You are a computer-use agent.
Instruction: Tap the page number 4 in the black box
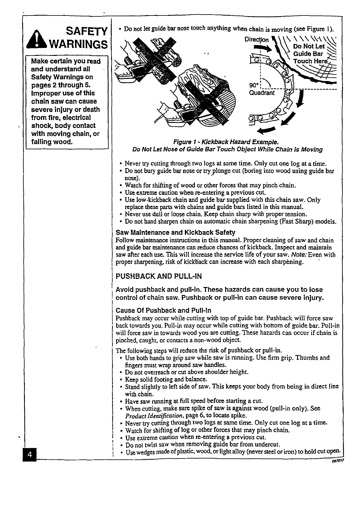pos(30,454)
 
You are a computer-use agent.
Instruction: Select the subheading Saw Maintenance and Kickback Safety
pos(175,232)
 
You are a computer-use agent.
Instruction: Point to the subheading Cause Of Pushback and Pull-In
pos(164,310)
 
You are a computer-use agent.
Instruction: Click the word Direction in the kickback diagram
pos(256,40)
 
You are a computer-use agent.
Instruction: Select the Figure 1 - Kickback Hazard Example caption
pos(226,142)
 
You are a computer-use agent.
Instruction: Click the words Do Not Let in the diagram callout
pos(309,46)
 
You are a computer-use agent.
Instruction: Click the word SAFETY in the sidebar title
pos(87,31)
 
